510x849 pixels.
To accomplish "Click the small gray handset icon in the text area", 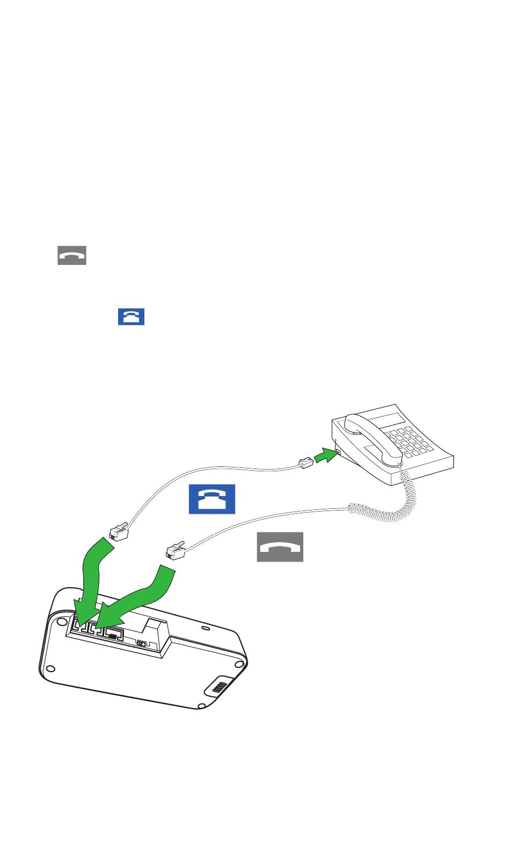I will point(72,256).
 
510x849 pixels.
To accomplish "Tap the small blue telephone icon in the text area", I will point(132,316).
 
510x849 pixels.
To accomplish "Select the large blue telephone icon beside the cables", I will point(212,499).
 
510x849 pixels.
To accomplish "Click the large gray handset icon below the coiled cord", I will point(280,547).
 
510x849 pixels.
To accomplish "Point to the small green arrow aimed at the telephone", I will point(326,458).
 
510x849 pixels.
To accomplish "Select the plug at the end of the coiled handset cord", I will point(176,550).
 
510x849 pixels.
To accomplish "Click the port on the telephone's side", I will point(338,453).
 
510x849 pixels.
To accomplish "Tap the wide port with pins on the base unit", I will point(113,634).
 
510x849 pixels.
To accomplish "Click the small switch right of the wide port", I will point(142,643).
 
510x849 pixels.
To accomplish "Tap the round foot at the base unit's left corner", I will point(50,668).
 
